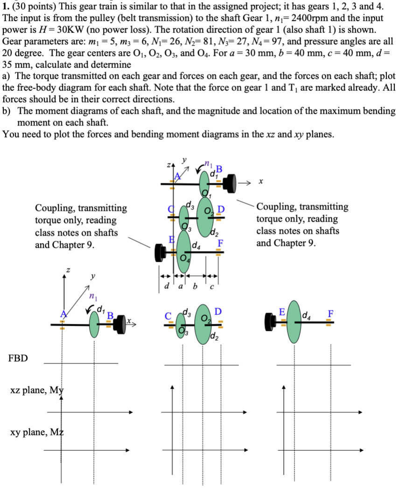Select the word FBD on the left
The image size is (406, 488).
[x=18, y=358]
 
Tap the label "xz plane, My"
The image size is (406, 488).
[x=37, y=390]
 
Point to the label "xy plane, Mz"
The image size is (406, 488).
[x=37, y=432]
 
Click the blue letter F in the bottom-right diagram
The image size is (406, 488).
[x=330, y=313]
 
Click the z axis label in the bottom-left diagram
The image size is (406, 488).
[x=68, y=269]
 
